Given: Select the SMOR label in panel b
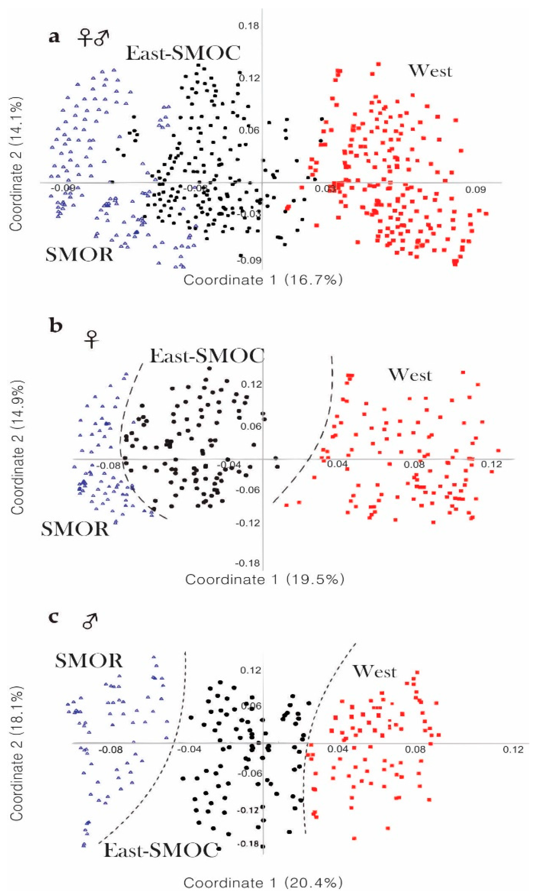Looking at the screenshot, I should (75, 529).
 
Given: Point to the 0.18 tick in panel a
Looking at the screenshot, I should (249, 26).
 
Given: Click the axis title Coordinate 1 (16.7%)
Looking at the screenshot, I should (263, 280).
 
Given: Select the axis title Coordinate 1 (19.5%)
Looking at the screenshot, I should (264, 579).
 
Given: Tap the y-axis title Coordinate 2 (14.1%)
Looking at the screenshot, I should (16, 164).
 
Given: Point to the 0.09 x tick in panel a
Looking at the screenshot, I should (476, 190).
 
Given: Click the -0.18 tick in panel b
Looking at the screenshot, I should (248, 563).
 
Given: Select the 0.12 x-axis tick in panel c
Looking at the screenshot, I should (513, 749).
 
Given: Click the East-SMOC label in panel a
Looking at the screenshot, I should (183, 53).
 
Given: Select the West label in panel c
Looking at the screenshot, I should (374, 672).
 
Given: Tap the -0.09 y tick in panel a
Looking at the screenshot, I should (249, 261).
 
